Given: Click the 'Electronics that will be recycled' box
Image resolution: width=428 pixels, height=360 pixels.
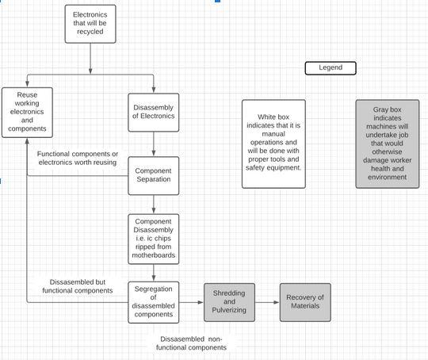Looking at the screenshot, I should tap(90, 25).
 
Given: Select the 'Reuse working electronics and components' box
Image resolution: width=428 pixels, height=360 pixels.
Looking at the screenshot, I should tap(27, 112).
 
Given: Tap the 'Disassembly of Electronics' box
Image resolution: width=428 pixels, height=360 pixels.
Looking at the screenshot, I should tap(153, 112).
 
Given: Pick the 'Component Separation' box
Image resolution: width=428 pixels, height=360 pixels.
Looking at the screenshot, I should tap(153, 176).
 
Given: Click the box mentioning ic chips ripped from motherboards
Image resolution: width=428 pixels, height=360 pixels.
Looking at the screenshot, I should tap(153, 239).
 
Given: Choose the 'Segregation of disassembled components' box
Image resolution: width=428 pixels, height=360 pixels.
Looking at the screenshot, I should tap(153, 302).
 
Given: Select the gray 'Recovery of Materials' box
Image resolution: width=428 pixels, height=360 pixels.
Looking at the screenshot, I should tap(305, 302).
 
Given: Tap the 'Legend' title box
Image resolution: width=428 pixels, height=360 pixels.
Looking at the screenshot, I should tap(331, 68).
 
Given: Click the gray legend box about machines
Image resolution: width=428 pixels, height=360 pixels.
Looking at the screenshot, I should tap(387, 144).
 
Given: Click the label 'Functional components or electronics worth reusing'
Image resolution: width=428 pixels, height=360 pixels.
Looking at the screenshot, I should tap(77, 158).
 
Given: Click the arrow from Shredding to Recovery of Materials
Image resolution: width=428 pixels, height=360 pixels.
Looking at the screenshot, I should tap(268, 302).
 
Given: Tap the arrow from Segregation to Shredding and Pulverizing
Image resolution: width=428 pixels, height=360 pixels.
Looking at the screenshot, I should tap(192, 302).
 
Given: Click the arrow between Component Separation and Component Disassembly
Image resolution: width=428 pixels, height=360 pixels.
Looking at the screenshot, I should tap(153, 205).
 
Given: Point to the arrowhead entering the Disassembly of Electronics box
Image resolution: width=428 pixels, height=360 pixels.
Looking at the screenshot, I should tap(153, 90).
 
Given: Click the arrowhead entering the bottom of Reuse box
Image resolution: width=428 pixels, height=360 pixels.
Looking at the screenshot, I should tap(27, 140).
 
